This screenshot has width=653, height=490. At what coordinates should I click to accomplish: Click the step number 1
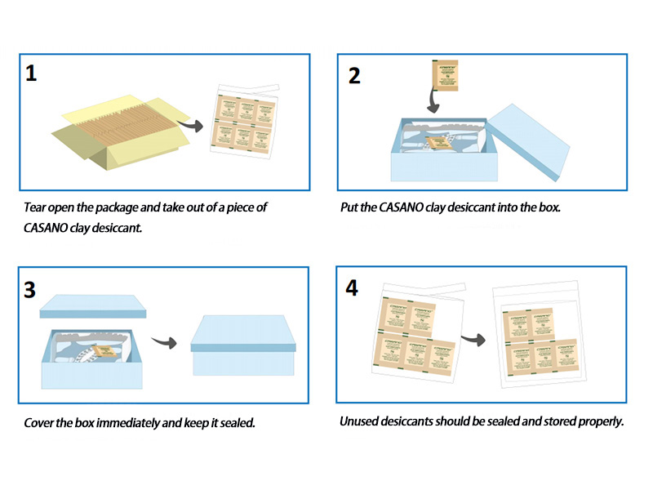[x=31, y=73]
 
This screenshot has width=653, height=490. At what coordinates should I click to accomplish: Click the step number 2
[x=353, y=76]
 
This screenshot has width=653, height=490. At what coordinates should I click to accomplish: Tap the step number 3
[x=31, y=288]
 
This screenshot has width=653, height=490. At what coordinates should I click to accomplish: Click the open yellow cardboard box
[x=114, y=131]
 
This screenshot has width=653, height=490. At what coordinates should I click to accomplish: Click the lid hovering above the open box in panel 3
[x=93, y=306]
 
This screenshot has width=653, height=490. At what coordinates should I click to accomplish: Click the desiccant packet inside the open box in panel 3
[x=104, y=352]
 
